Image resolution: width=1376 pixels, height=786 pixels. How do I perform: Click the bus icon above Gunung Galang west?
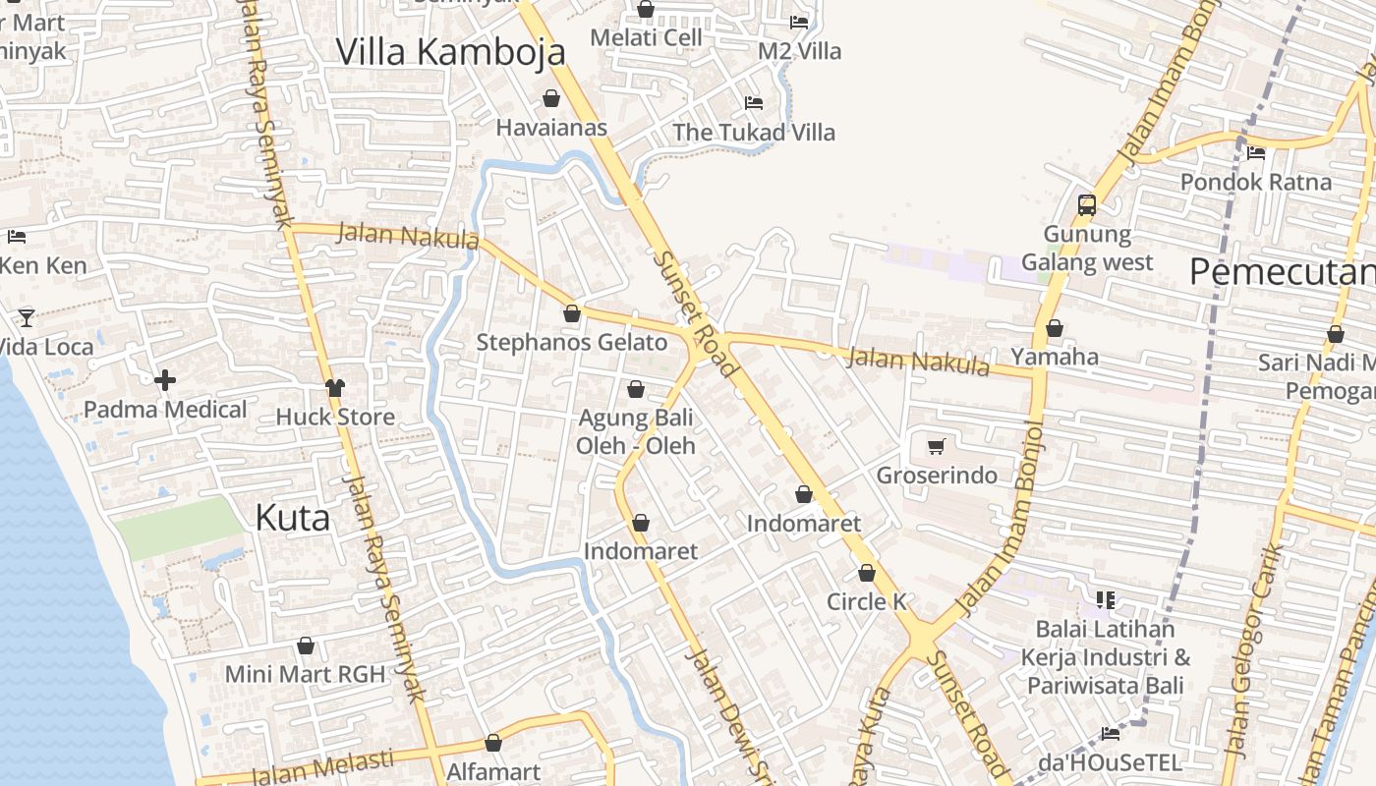pos(1086,204)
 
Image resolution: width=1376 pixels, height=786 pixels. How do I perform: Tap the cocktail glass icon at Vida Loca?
pos(27,317)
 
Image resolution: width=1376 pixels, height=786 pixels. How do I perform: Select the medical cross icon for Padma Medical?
pos(165,379)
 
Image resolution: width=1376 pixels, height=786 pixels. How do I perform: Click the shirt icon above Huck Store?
pos(335,387)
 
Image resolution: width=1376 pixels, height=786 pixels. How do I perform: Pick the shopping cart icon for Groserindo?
pos(936,446)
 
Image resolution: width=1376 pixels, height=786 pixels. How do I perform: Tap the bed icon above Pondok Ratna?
pos(1256,152)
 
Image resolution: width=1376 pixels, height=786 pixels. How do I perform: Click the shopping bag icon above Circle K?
pos(866,572)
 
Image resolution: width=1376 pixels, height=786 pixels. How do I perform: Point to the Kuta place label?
pos(292,518)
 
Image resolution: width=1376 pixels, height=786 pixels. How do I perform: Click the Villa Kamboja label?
pos(450,52)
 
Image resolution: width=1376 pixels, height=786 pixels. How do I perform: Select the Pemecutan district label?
pos(1282,271)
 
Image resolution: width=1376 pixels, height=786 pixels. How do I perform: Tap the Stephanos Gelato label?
pos(571,343)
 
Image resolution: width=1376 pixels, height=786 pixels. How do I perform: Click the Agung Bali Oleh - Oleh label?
pos(635,431)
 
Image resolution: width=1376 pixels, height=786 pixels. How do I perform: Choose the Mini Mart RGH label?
pos(304,675)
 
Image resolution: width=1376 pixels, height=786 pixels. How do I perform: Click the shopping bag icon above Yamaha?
pos(1055,327)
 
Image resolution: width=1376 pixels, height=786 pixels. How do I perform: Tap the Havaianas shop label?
pos(550,128)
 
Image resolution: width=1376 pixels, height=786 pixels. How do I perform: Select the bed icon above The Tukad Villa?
pos(754,102)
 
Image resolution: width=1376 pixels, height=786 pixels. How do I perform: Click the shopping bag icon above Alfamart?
pos(493,743)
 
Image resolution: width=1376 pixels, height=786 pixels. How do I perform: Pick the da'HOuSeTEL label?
pos(1110,762)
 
